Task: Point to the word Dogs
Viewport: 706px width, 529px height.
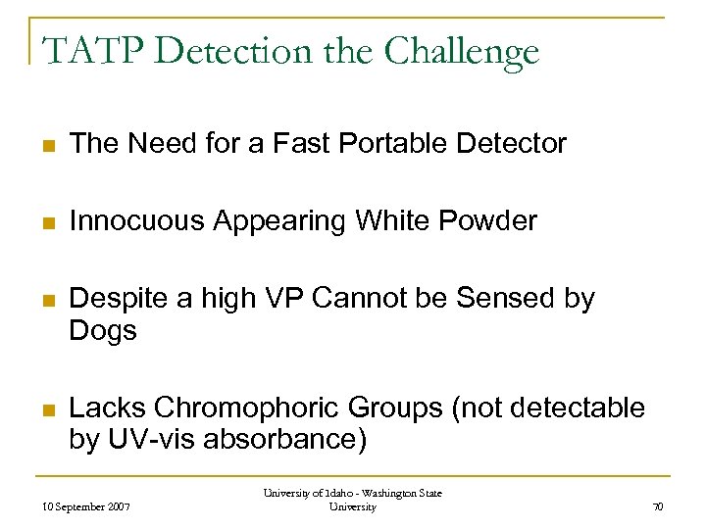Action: [102, 331]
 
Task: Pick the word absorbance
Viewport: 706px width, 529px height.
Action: [286, 439]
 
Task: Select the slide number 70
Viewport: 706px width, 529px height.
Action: [657, 506]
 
